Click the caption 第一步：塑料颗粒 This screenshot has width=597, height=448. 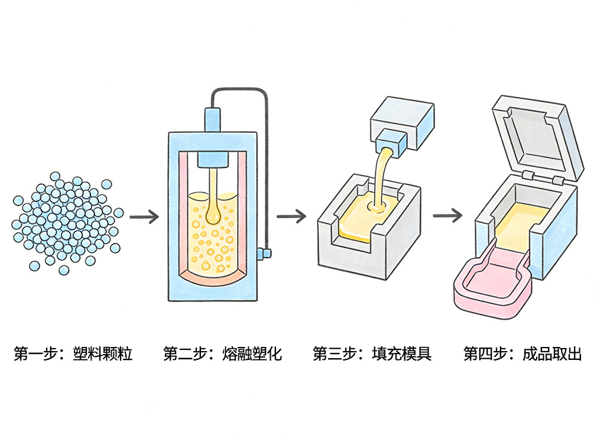pyautogui.click(x=73, y=354)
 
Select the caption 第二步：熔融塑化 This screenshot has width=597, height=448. pyautogui.click(x=222, y=354)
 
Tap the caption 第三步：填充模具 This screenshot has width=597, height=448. pyautogui.click(x=372, y=354)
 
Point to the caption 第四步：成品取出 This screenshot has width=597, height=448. pyautogui.click(x=523, y=354)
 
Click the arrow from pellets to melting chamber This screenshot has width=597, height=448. pyautogui.click(x=144, y=217)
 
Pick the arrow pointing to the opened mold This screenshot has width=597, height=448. pyautogui.click(x=447, y=215)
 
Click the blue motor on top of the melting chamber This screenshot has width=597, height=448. pyautogui.click(x=213, y=119)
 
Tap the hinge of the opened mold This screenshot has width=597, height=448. pyautogui.click(x=528, y=176)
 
